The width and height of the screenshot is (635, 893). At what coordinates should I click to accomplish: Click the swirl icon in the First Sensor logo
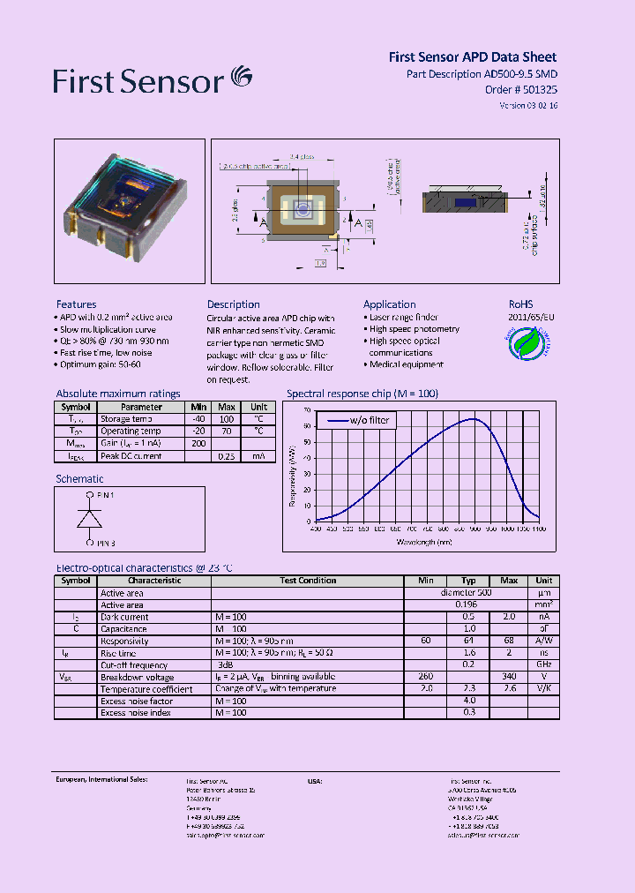tap(241, 78)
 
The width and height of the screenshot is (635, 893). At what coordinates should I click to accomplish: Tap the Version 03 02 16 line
tap(528, 105)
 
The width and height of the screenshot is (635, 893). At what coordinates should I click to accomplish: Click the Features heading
tap(76, 304)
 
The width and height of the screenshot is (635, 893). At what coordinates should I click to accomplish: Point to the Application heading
tap(389, 304)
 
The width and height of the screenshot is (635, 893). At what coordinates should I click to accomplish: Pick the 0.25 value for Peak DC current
tap(227, 456)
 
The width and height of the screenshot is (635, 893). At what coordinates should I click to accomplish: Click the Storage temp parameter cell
tap(128, 419)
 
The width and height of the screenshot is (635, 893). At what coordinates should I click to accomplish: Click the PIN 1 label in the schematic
tap(106, 496)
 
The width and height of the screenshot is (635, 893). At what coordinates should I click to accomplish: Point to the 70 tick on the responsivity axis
tap(306, 410)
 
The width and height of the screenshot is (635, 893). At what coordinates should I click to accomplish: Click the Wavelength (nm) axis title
tap(423, 542)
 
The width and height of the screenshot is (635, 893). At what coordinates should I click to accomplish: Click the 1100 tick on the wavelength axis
tap(539, 529)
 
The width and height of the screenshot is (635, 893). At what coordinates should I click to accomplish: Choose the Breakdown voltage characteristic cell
tap(137, 677)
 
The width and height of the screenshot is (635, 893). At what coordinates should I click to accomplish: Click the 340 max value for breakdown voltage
tap(508, 677)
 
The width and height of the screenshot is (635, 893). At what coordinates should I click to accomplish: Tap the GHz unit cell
tap(543, 664)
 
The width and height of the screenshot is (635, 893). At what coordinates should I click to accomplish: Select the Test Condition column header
tap(308, 581)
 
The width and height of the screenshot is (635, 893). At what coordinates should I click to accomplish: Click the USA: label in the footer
tap(315, 781)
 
